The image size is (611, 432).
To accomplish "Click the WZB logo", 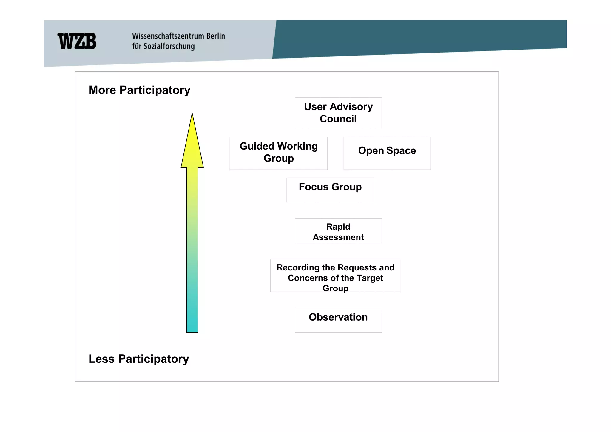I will tap(77, 41).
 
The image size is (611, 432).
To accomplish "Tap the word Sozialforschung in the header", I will tap(169, 46).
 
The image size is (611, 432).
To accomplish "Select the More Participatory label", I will tap(139, 90).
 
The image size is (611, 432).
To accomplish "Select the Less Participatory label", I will tap(139, 359).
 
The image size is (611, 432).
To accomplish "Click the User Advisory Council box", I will tap(338, 113).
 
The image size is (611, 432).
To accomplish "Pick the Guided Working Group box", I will tap(278, 153).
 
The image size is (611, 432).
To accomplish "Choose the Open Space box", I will tap(387, 153).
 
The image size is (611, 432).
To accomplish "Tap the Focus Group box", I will tap(330, 190).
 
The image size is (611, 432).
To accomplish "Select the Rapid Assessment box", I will tap(338, 231).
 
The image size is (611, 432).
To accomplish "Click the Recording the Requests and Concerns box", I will tap(335, 276).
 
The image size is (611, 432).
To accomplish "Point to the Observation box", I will tap(338, 320).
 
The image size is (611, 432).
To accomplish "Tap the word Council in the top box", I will tap(338, 119).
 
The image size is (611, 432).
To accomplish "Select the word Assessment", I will tap(338, 237).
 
